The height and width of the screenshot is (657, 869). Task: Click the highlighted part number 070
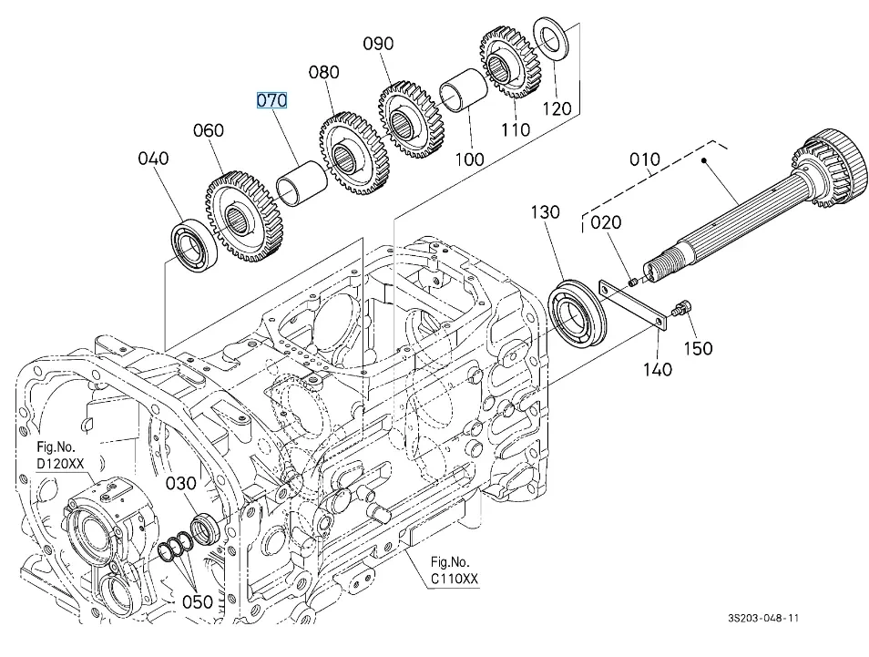271,99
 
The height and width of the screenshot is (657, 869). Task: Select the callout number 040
153,159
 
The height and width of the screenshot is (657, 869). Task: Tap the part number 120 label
557,108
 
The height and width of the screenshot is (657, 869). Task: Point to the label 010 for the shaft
644,160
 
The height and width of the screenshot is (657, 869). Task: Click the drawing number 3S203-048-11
763,618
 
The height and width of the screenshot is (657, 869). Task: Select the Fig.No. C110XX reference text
455,570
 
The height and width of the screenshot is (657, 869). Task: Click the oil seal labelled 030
205,528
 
